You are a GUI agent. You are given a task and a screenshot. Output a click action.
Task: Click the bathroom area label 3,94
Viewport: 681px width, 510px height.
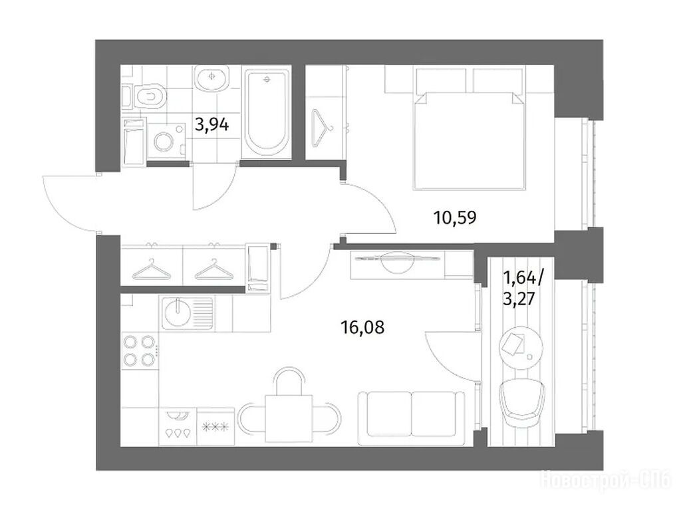(212, 125)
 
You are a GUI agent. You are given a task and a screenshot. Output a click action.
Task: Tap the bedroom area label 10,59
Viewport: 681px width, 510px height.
(455, 217)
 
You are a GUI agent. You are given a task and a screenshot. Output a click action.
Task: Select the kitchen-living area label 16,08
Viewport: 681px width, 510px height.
(362, 326)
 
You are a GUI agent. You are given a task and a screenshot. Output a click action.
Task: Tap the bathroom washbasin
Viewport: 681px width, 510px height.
(211, 78)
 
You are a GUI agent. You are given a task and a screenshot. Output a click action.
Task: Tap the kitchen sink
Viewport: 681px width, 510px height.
(188, 313)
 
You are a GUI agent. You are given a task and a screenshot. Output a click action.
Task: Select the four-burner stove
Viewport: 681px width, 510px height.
(140, 350)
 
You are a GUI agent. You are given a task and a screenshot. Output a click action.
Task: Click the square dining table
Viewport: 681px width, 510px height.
(289, 418)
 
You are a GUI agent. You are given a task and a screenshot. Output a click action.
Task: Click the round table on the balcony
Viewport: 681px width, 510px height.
(521, 348)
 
